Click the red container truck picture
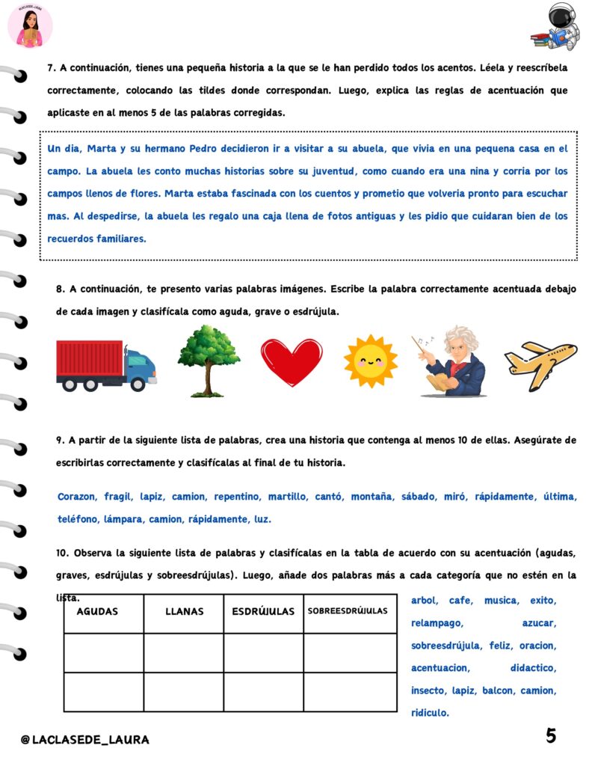[105, 366]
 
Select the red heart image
[292, 362]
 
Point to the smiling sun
[371, 361]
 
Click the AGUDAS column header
[97, 611]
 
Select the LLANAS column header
[184, 611]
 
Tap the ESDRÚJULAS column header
[263, 611]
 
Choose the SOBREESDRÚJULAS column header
[348, 610]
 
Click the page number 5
[551, 736]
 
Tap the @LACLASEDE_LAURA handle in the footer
[85, 740]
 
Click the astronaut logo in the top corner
[559, 27]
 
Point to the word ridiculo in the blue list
[430, 713]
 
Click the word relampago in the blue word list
[437, 622]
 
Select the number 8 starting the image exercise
[59, 288]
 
